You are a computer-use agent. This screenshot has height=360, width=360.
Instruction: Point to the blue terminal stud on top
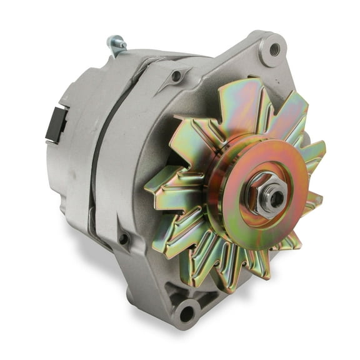116,44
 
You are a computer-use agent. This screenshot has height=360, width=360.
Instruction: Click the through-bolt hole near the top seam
177,76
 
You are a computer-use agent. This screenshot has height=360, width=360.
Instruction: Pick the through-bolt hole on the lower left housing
124,238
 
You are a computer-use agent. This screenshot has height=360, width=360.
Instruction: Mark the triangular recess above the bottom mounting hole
187,287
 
